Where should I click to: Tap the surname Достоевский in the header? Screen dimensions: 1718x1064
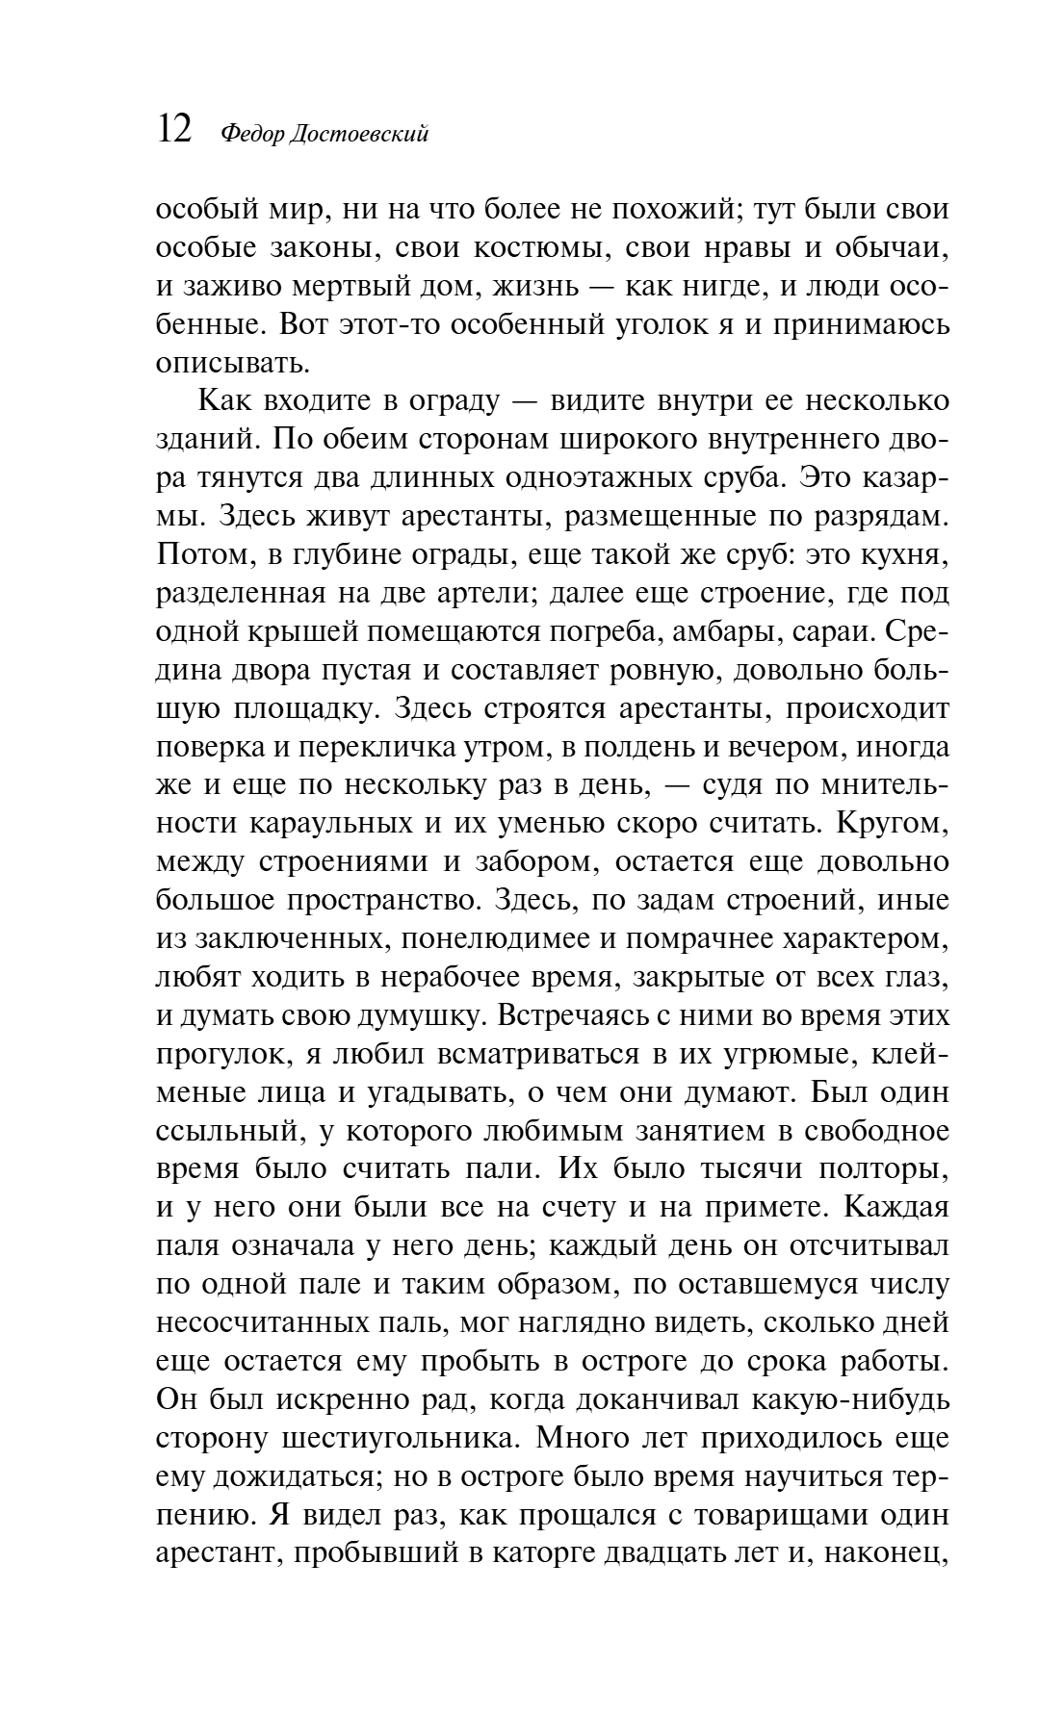click(360, 135)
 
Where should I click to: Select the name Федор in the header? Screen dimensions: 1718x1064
click(252, 135)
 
